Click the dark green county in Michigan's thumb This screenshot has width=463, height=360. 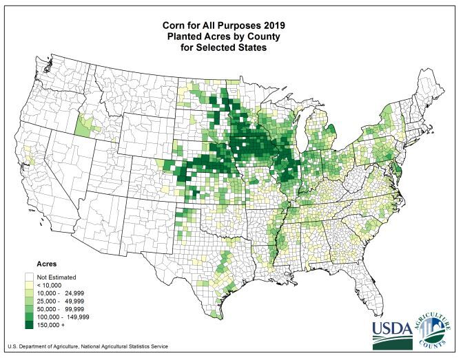point(330,129)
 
